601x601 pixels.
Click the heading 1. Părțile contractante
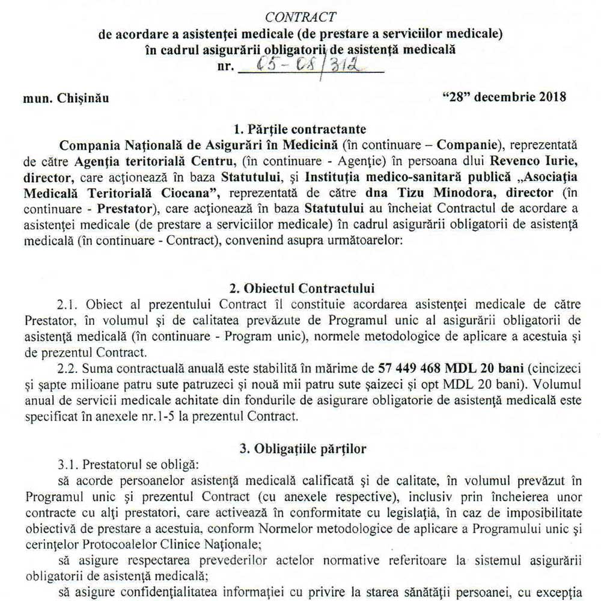click(x=299, y=130)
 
